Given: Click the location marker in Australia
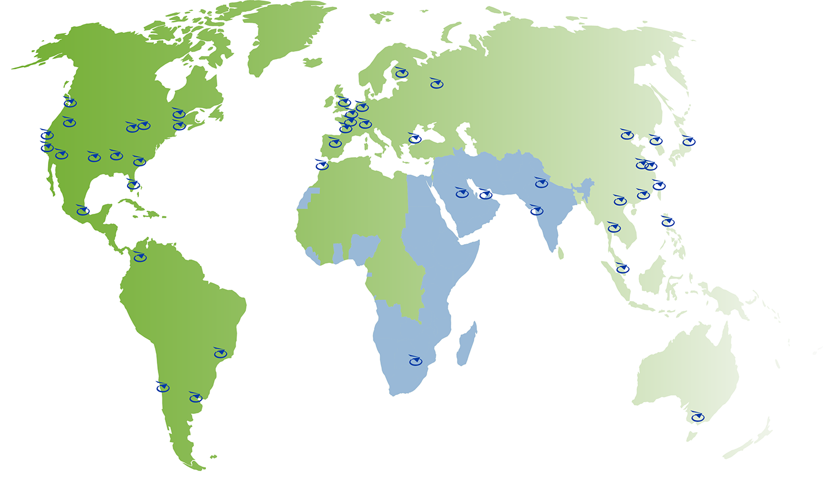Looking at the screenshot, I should tap(697, 417).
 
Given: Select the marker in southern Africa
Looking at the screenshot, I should tap(415, 361).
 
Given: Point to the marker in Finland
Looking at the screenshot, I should tap(401, 73).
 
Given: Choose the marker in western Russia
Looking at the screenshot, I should tap(436, 84).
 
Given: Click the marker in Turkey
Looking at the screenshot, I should tap(415, 138).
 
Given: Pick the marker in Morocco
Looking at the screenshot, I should tap(322, 166).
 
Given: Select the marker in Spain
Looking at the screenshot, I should tap(335, 143).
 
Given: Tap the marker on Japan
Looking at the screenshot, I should tap(689, 141).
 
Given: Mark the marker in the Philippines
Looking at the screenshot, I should tap(667, 222).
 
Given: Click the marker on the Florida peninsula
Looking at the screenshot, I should tap(133, 185).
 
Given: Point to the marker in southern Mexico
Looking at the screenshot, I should tap(83, 211).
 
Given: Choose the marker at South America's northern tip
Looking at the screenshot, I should tap(140, 257).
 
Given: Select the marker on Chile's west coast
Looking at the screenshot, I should tap(163, 388).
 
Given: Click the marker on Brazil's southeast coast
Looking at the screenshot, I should tap(220, 353).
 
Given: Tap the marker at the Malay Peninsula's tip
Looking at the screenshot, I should tap(622, 269).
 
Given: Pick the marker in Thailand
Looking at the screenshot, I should tap(614, 227).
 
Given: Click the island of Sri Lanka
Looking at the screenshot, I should tap(560, 252).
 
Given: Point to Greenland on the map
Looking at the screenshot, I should tap(286, 34).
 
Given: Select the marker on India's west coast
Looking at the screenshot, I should tap(536, 210).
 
